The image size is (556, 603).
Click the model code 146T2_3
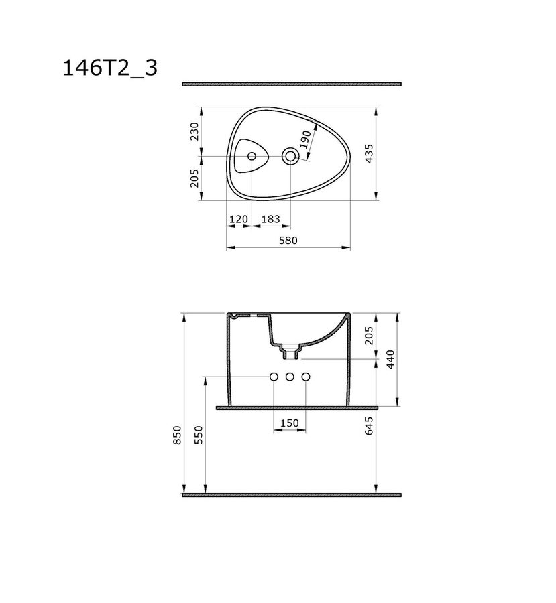point(110,69)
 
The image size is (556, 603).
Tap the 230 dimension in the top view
point(194,131)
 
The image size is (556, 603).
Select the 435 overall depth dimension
point(369,153)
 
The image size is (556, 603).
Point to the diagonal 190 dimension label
point(305,139)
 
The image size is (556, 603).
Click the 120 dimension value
point(238,219)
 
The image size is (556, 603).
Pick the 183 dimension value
point(270,219)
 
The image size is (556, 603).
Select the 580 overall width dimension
point(288,241)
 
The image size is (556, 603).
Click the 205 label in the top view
point(194,178)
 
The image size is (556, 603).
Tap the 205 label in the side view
point(369,336)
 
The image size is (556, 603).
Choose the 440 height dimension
point(390,360)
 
